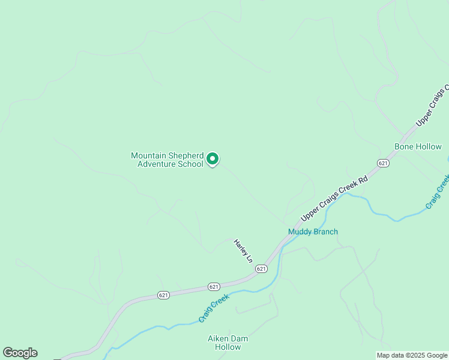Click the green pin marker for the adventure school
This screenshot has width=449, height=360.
tap(212, 159)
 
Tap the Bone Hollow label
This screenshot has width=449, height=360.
tap(418, 146)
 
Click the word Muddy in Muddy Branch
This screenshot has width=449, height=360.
tap(299, 232)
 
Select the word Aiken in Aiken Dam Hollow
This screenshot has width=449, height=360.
tap(218, 338)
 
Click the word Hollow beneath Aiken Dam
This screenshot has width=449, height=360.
tap(228, 347)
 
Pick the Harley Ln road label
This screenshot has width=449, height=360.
tap(243, 251)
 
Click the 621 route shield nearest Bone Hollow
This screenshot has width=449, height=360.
tap(383, 163)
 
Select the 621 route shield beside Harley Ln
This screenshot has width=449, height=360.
tap(261, 269)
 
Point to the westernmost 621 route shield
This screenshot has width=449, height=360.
tap(163, 295)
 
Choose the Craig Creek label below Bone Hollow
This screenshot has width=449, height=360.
tap(437, 192)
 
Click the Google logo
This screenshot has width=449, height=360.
tap(20, 353)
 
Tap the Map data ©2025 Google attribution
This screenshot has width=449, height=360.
tap(411, 355)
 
